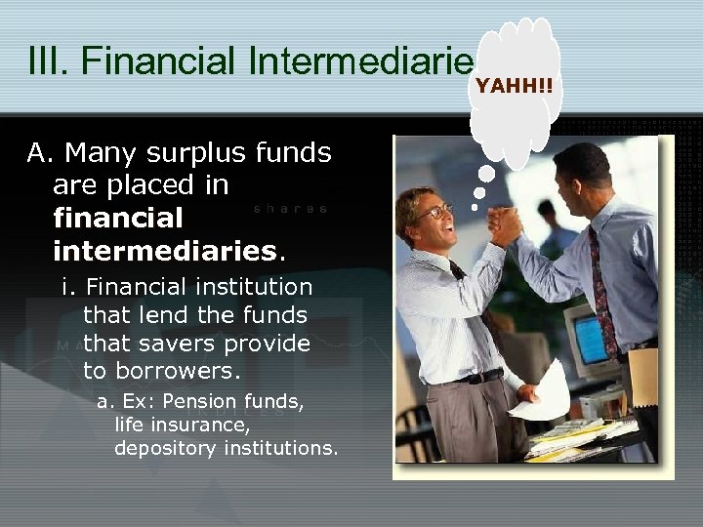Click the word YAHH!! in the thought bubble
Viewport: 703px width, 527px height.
(514, 87)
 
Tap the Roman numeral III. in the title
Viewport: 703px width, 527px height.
(49, 60)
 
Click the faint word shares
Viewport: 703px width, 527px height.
(290, 209)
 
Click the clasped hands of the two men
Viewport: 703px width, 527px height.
(506, 225)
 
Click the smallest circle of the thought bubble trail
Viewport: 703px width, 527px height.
(475, 207)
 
